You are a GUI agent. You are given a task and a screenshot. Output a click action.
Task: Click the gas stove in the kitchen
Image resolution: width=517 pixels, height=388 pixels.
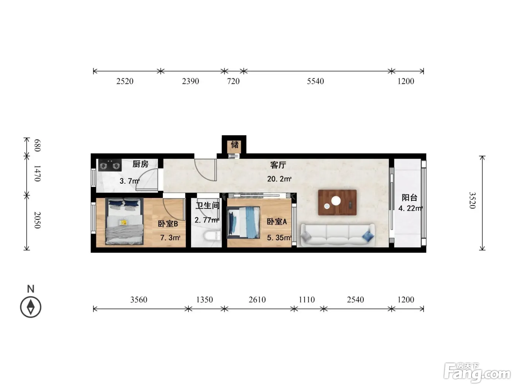tap(110, 165)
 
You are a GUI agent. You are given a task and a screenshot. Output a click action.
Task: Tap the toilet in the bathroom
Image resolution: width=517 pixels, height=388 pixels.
tap(212, 236)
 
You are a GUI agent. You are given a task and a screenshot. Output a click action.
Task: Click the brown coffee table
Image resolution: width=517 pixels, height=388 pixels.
tap(337, 202)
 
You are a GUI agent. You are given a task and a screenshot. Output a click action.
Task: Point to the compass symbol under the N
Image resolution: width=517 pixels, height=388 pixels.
tap(31, 307)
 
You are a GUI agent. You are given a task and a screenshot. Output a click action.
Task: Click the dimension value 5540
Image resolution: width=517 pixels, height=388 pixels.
tap(315, 81)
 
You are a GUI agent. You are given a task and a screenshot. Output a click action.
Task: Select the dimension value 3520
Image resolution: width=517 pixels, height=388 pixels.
tap(472, 200)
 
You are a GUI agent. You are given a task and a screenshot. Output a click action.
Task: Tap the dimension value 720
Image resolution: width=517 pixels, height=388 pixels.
tap(233, 81)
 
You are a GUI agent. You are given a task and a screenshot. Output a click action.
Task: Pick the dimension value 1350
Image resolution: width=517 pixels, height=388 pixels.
tap(205, 300)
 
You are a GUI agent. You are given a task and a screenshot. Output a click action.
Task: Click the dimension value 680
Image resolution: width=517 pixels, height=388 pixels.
tap(38, 145)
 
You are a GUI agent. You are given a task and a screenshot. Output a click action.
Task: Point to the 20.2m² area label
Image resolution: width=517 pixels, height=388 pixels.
tap(279, 179)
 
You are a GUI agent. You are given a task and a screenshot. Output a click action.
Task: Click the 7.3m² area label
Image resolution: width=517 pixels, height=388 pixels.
tap(170, 238)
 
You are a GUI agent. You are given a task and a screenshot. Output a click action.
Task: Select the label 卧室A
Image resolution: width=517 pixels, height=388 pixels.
tap(277, 221)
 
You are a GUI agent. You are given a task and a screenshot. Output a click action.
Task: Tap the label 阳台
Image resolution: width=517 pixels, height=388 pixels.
tap(410, 197)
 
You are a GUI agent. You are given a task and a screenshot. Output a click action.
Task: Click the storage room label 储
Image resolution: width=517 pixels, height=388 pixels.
tap(234, 144)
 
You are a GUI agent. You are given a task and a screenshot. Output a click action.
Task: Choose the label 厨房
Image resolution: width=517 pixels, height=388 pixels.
tap(140, 164)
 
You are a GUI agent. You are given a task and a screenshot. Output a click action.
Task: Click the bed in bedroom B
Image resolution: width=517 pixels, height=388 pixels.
tap(124, 221)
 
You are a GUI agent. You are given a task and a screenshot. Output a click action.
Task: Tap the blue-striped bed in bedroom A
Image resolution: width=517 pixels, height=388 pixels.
tap(243, 222)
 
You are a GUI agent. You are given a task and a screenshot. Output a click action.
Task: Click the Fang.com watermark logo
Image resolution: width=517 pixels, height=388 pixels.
tap(477, 373)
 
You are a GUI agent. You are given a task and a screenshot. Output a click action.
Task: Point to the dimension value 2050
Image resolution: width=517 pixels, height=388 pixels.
tap(38, 220)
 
